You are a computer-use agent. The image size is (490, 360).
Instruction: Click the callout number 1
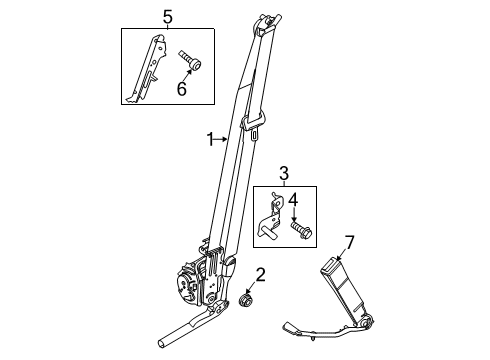[210, 141]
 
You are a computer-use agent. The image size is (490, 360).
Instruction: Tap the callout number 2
[260, 275]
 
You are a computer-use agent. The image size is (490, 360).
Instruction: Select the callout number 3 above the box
[283, 175]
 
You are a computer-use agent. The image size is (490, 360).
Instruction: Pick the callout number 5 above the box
[168, 17]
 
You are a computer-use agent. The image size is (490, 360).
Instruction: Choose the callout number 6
[182, 90]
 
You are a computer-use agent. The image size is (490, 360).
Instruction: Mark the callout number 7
[349, 241]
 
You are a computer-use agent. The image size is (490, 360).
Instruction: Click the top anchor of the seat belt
[267, 24]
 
